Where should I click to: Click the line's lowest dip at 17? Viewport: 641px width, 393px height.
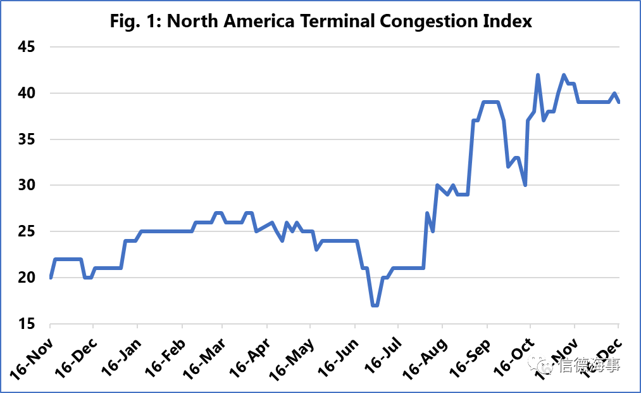(x=375, y=305)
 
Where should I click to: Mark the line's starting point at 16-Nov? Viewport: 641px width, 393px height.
(x=51, y=278)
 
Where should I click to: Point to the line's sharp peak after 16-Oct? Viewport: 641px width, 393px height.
(x=538, y=75)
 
